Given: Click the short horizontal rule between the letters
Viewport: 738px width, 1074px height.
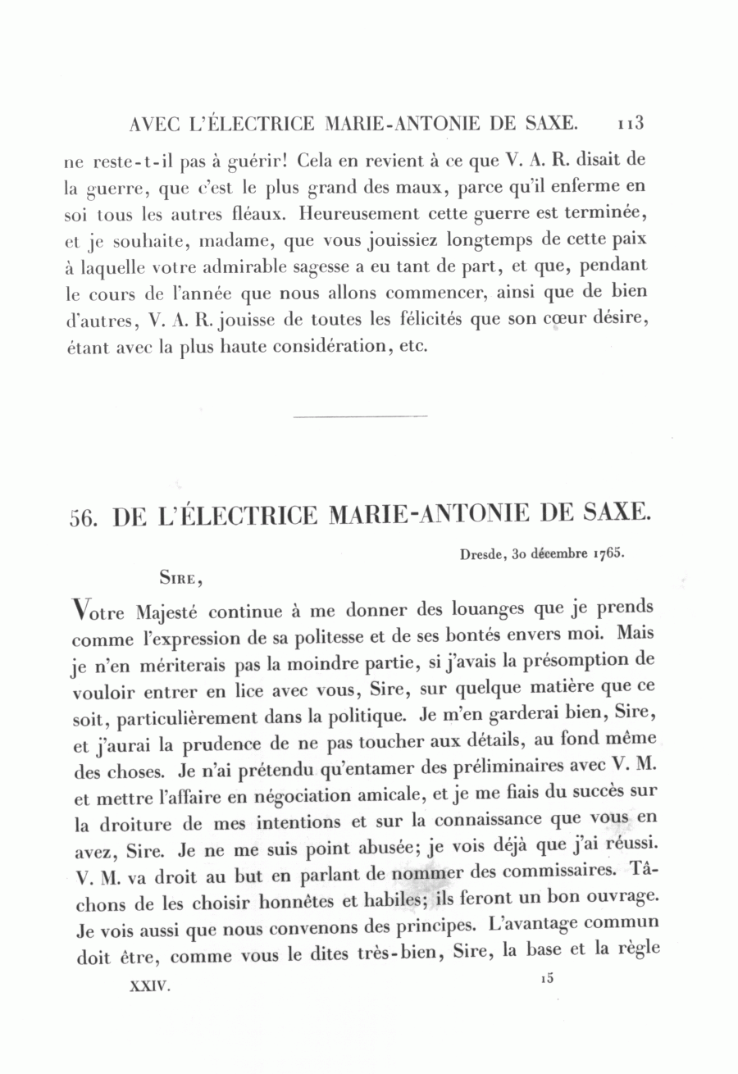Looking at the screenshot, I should click(360, 416).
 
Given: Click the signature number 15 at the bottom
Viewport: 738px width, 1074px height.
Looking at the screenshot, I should click(548, 978).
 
